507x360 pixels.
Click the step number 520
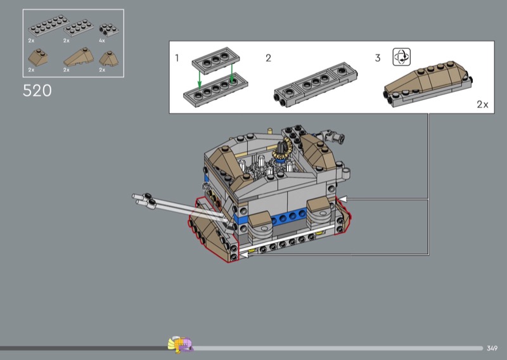[x=37, y=91]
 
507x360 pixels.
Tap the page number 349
[x=492, y=349]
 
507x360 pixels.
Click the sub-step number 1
[x=177, y=58]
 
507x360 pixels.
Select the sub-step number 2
[x=268, y=58]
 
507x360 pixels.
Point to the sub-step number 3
[x=378, y=58]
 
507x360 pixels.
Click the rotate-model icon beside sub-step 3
[x=402, y=57]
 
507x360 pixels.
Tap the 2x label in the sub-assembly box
[x=482, y=104]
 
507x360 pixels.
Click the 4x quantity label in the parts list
[x=102, y=41]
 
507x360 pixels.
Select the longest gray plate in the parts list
[x=49, y=25]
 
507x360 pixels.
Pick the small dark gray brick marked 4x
[x=108, y=30]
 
